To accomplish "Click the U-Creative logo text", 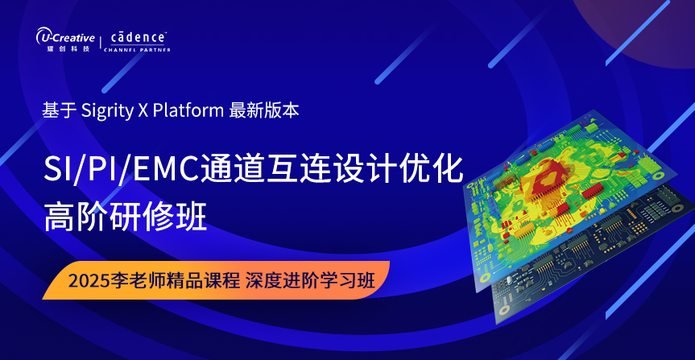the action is (x=65, y=37).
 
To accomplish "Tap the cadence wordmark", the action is (x=138, y=37).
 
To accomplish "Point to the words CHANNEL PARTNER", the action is (x=137, y=50).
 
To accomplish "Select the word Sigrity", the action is (x=107, y=111).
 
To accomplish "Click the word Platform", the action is (x=188, y=111).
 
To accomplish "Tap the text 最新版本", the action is (x=264, y=111).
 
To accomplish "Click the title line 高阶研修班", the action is (x=126, y=217).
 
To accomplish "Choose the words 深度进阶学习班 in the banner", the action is (x=310, y=280).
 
